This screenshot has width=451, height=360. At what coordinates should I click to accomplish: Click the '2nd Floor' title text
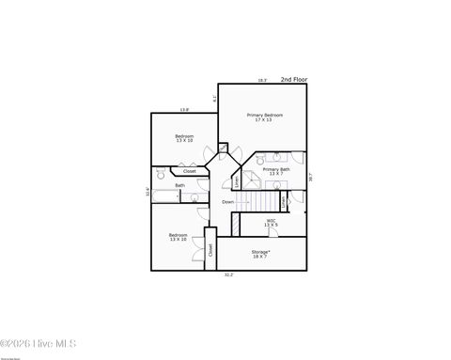[x=293, y=80]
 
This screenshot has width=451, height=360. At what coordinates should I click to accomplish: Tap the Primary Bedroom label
[x=265, y=117]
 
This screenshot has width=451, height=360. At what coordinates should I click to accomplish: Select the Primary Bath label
[x=275, y=172]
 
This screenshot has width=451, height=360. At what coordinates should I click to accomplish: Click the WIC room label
[x=271, y=223]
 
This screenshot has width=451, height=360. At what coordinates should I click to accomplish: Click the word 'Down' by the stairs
[x=228, y=202]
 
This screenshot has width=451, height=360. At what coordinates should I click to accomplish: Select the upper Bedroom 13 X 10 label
[x=184, y=138]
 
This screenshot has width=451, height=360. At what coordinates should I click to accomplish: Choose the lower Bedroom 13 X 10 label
[x=179, y=237]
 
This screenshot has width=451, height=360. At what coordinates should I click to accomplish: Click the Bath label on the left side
[x=179, y=185]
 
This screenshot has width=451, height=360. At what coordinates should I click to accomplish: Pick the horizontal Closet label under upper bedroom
[x=190, y=171]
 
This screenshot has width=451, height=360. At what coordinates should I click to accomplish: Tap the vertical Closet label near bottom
[x=210, y=249]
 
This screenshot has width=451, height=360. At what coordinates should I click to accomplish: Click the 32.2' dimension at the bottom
[x=229, y=274]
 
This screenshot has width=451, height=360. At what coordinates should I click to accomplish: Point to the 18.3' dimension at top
[x=262, y=81]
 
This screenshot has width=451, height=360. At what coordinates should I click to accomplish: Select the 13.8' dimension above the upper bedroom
[x=185, y=110]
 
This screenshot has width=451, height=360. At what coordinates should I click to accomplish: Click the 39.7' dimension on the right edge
[x=310, y=176]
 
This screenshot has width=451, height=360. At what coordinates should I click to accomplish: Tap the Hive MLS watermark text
[x=39, y=344]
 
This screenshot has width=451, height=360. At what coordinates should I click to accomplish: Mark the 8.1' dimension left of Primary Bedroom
[x=215, y=98]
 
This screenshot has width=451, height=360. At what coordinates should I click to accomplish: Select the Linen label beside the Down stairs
[x=284, y=200]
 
